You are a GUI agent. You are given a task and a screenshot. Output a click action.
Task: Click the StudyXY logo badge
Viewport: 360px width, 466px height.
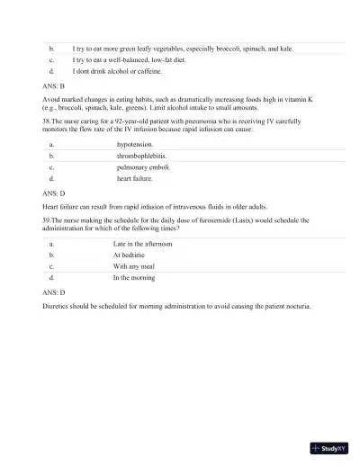point(328,447)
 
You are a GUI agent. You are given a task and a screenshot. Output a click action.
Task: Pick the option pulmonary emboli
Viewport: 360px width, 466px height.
point(143,167)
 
